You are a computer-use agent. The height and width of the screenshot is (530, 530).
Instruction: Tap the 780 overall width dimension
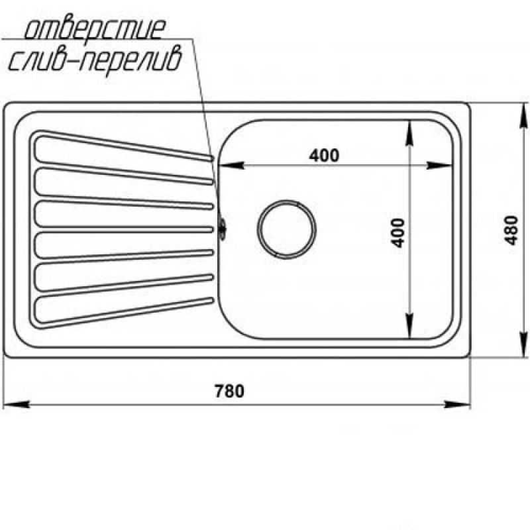229,391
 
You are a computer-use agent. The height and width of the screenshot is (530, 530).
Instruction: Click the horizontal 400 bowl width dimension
324,156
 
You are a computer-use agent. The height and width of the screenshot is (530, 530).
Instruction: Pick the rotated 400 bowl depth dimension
397,233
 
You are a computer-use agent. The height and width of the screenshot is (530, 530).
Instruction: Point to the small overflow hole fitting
222,229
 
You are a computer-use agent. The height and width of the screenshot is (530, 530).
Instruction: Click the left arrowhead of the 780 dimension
16,404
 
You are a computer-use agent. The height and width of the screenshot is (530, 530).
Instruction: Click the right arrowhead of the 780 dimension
457,404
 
